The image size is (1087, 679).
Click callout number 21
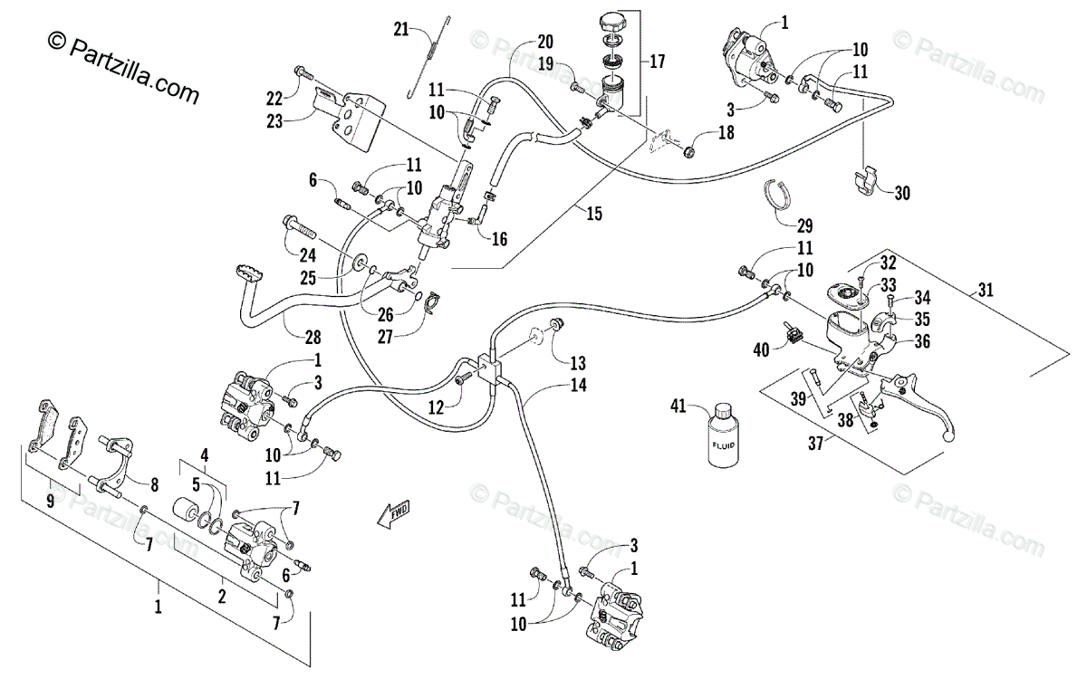pyautogui.click(x=401, y=30)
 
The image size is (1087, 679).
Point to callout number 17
pyautogui.click(x=657, y=62)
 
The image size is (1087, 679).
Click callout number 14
pyautogui.click(x=579, y=385)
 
